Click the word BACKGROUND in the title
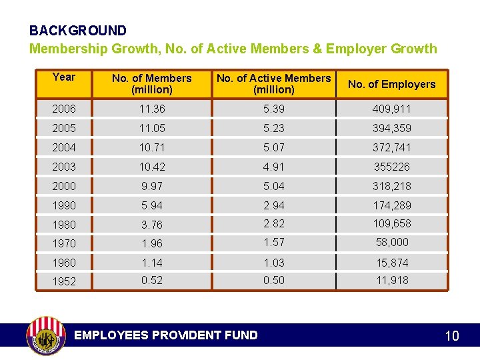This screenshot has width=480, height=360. point(77,31)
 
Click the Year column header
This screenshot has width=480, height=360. point(63,77)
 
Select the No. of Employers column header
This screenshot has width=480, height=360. point(391,84)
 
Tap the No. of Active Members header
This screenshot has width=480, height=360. point(274,83)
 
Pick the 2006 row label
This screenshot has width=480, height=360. point(64,109)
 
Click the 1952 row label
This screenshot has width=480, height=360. point(64,281)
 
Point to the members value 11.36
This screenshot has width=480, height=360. point(151,109)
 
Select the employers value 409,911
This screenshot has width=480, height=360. point(391,109)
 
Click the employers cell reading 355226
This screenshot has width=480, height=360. point(391,167)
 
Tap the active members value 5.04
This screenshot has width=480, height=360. point(273,185)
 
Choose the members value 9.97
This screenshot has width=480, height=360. point(151,185)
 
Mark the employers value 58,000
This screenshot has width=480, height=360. point(391,242)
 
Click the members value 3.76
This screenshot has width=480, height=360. point(151,225)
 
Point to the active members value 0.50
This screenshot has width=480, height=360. point(273,280)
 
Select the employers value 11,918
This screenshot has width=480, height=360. point(391,280)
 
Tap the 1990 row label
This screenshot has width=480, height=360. point(64,205)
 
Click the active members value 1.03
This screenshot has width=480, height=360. point(273,263)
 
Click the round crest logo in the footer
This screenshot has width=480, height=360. point(46,335)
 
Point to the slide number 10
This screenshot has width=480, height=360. point(451,336)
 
